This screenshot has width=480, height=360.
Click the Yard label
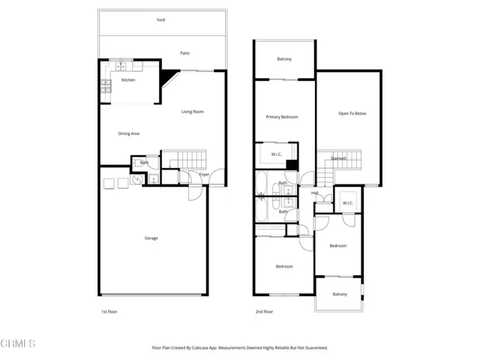(x=160, y=21)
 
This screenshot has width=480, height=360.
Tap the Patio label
(x=184, y=53)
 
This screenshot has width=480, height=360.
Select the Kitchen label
(x=128, y=79)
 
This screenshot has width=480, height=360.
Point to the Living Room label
(x=193, y=112)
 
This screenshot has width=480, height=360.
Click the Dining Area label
(x=129, y=133)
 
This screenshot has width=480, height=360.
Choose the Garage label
(x=151, y=238)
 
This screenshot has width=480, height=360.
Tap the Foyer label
(x=204, y=175)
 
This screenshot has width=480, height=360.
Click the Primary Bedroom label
(x=282, y=117)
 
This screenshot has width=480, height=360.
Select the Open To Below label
(x=352, y=114)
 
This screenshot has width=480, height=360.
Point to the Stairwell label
(x=338, y=158)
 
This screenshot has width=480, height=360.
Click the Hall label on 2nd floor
(x=316, y=193)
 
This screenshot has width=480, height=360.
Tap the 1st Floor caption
(x=109, y=311)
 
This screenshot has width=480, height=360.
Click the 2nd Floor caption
(x=264, y=311)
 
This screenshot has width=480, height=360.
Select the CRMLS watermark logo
(x=18, y=344)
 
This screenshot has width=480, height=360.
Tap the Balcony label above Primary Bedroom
(x=284, y=59)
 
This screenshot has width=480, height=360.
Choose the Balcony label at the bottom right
(x=339, y=294)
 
